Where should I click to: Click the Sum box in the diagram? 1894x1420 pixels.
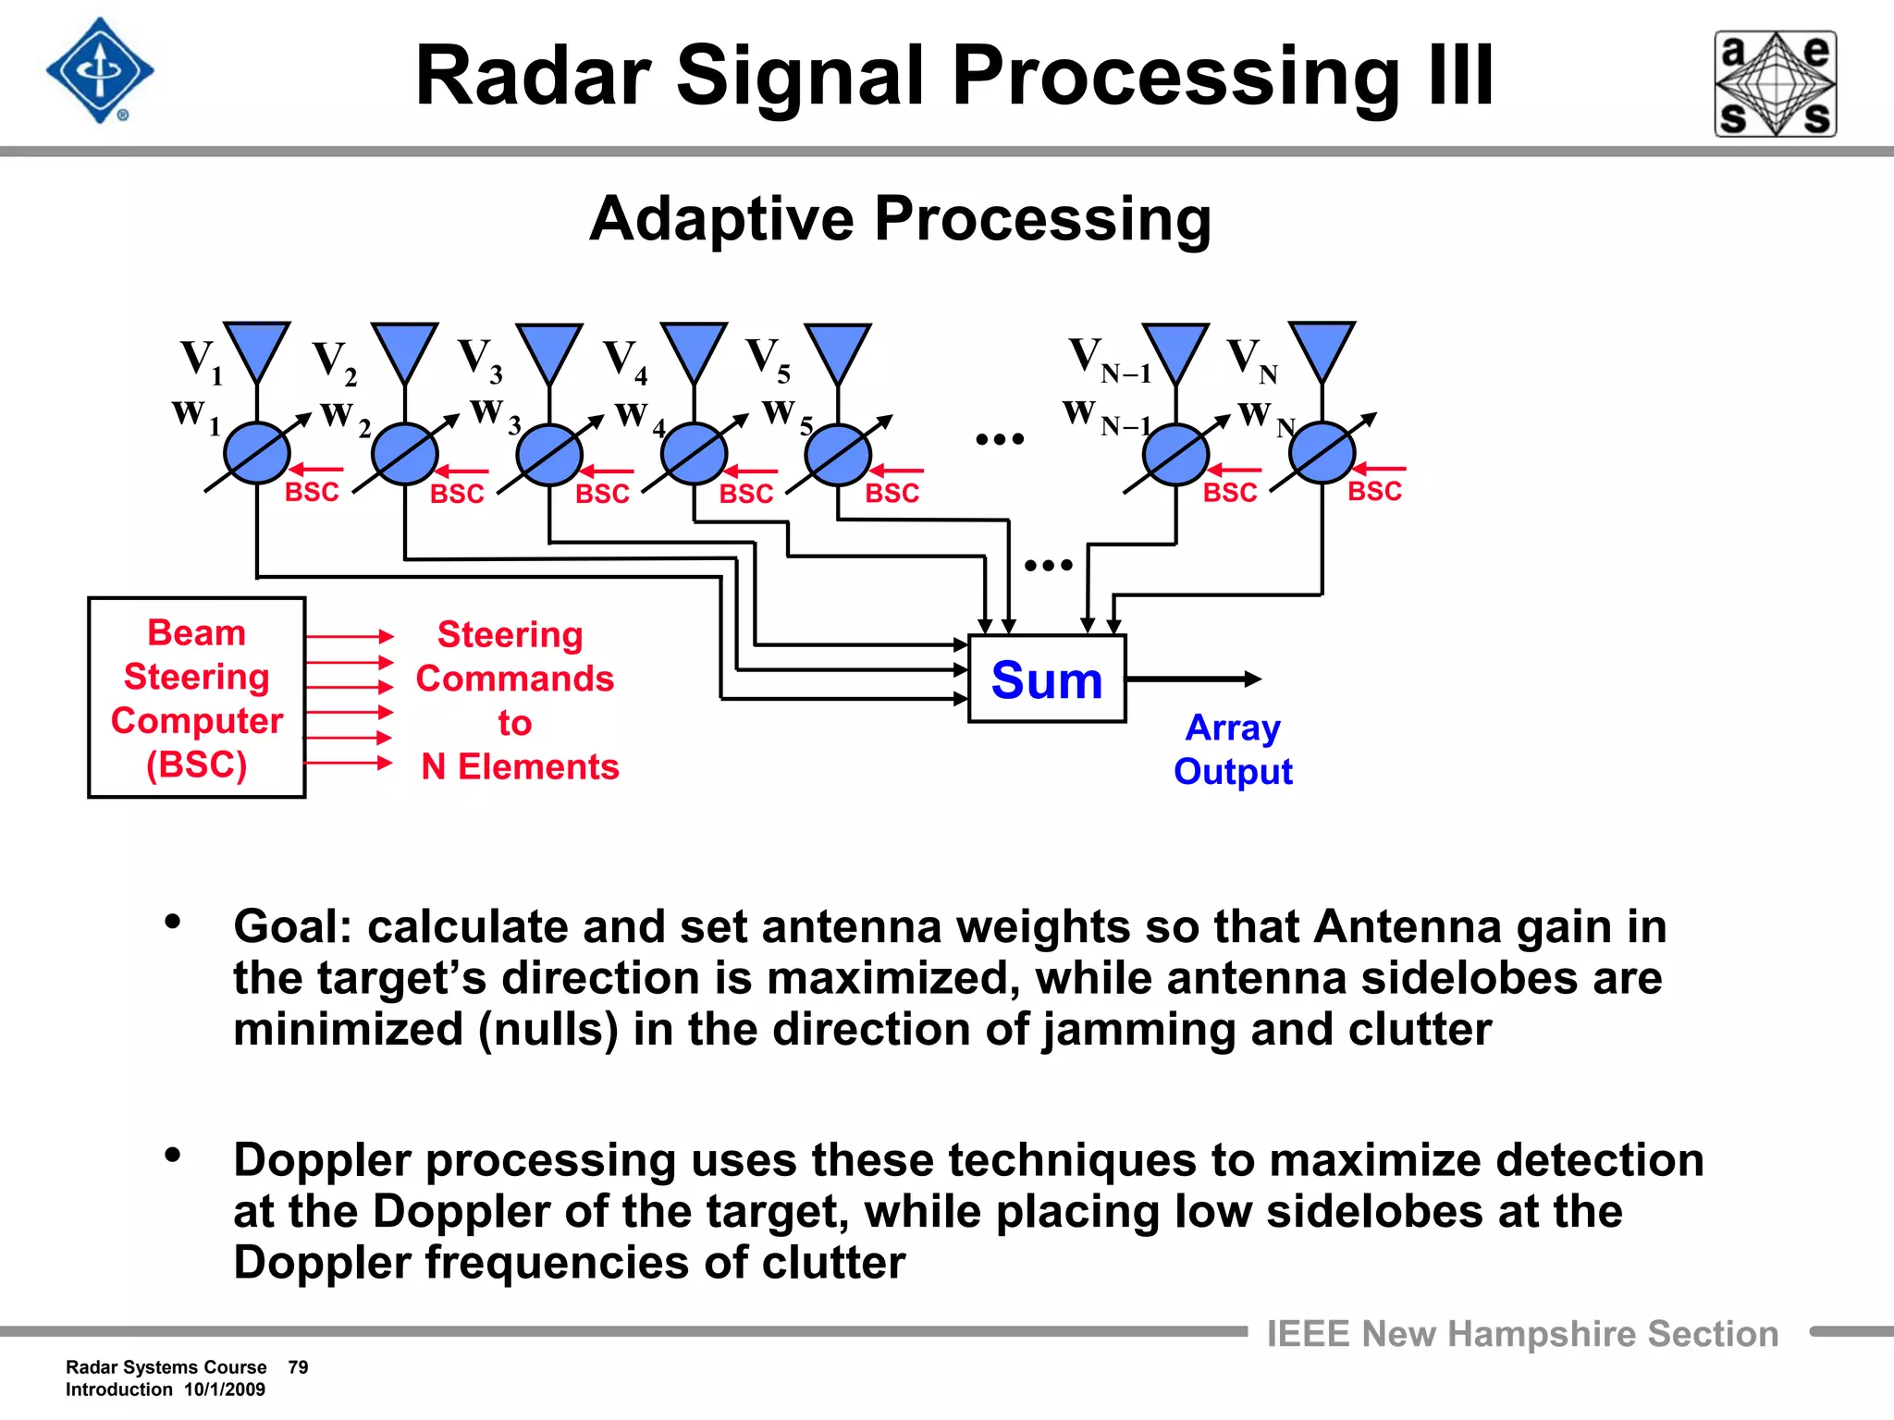(x=1047, y=679)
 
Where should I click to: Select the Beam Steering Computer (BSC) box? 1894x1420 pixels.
(x=196, y=698)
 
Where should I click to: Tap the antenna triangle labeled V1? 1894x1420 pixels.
(x=257, y=349)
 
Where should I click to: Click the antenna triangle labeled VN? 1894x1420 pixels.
(x=1322, y=349)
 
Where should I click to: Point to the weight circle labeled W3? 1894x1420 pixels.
(x=549, y=455)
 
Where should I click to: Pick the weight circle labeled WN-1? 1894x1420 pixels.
(x=1175, y=455)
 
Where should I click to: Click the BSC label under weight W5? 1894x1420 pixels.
(x=892, y=493)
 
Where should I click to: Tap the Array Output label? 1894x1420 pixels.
(x=1233, y=749)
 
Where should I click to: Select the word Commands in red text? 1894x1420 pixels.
(x=514, y=679)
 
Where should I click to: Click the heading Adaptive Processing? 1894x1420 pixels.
(x=900, y=219)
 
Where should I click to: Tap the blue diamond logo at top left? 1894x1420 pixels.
(x=100, y=71)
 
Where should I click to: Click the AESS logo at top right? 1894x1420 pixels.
(x=1776, y=84)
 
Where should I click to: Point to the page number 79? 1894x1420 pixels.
(x=298, y=1367)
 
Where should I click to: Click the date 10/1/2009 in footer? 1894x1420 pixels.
(x=225, y=1389)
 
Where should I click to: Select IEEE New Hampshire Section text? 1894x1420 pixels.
(x=1522, y=1334)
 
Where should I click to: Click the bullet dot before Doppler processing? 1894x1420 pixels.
(x=172, y=1155)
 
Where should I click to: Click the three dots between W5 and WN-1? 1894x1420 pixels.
(x=1000, y=439)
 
